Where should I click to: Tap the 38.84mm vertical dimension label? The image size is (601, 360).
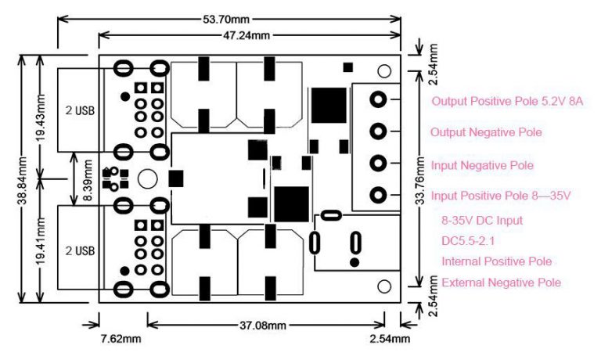point(23,178)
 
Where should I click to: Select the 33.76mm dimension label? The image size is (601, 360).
point(423,179)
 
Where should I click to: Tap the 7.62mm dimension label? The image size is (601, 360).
point(121,339)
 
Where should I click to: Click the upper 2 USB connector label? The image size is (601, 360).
point(80,110)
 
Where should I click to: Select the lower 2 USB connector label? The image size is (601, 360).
point(80,250)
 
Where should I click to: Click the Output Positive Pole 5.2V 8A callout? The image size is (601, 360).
point(508,102)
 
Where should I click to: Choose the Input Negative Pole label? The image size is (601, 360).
point(482,166)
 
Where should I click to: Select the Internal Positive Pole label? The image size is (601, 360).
point(496,261)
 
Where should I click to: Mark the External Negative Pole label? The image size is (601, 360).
point(501,282)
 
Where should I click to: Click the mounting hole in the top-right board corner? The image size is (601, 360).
point(384,71)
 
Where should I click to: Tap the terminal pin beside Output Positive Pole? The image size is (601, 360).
point(379,99)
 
